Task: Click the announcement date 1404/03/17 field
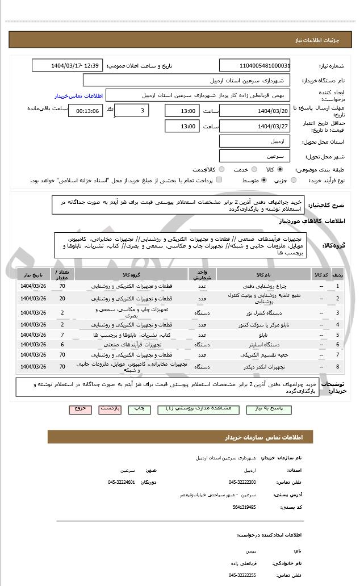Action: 67,65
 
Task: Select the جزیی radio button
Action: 294,180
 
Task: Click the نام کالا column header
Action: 264,275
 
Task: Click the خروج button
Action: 79,408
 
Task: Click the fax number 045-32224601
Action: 122,482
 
